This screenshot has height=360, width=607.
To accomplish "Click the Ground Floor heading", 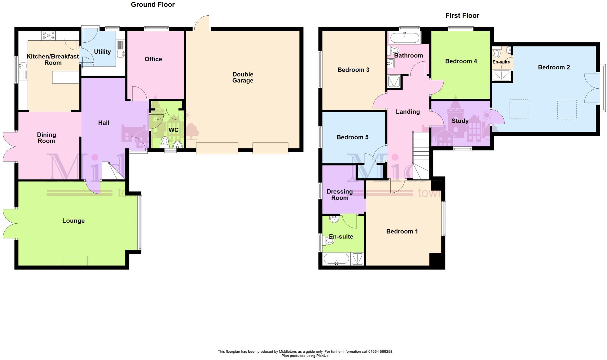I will pos(153,4).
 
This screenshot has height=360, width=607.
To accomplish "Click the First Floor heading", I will pos(462,15).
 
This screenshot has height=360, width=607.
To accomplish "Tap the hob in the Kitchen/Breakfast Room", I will pos(49,36).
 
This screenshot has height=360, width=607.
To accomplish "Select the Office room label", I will pos(153,59).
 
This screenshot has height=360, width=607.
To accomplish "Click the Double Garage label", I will pos(243,77).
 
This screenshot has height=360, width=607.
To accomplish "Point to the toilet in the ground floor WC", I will pos(164,141).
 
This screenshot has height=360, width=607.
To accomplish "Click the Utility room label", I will pos(102,52).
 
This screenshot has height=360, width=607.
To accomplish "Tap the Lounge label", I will pos(74,221).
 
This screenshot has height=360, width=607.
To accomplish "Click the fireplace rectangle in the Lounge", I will pos(76,261).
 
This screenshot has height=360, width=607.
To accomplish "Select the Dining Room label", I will pos(46,138).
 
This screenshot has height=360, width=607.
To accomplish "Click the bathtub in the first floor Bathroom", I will pos(405,38).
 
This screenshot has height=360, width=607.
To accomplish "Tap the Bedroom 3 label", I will pos(353,70).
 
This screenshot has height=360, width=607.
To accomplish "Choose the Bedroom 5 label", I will pos(352,137).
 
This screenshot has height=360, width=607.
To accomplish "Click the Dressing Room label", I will pos(340,195).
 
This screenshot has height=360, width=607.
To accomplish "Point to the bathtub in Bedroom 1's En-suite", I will pos(336,259).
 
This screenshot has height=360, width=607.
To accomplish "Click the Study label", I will pos(460,121).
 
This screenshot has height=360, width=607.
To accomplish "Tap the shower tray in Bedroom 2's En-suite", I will pos(501,76).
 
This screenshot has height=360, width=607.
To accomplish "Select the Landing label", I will pos(408,112).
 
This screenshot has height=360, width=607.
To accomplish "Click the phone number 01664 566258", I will pos(381,351).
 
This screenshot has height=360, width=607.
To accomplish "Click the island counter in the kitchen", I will pos(66,78).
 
